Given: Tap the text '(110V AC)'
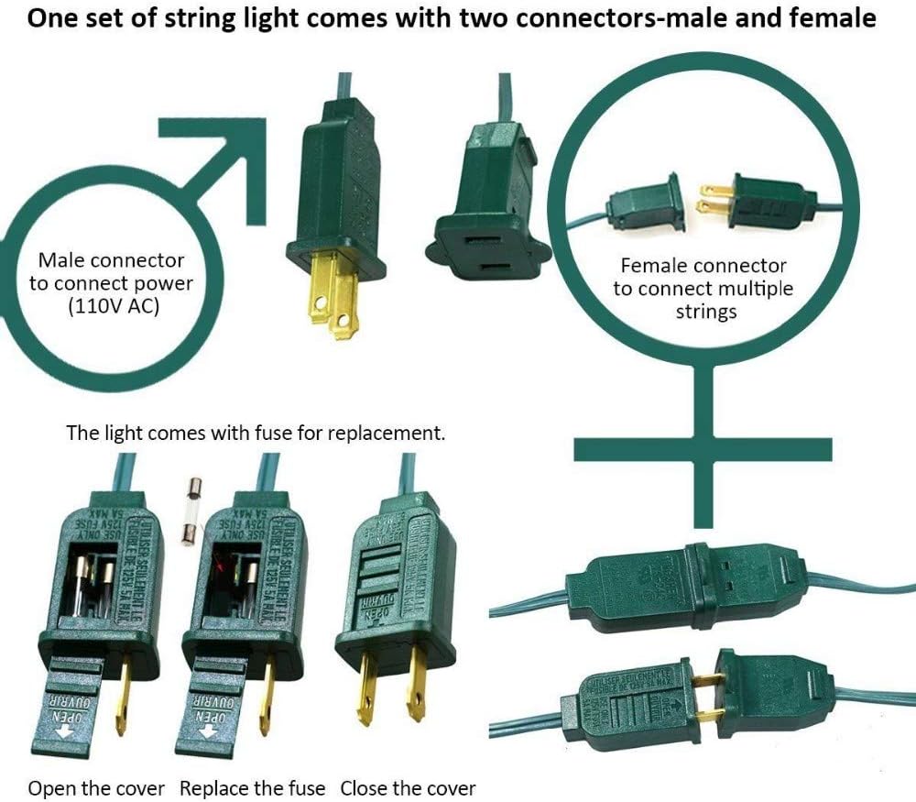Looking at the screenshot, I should pos(114,307).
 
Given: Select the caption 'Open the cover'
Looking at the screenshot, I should pos(96,788).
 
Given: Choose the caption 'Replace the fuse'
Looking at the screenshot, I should pos(252,788).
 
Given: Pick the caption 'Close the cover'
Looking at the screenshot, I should pos(409,788).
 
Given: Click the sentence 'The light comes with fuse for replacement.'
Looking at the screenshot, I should pos(256,433).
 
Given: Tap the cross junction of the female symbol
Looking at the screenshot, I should pos(703,449).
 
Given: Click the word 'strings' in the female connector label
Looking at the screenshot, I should pos(706,313).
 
